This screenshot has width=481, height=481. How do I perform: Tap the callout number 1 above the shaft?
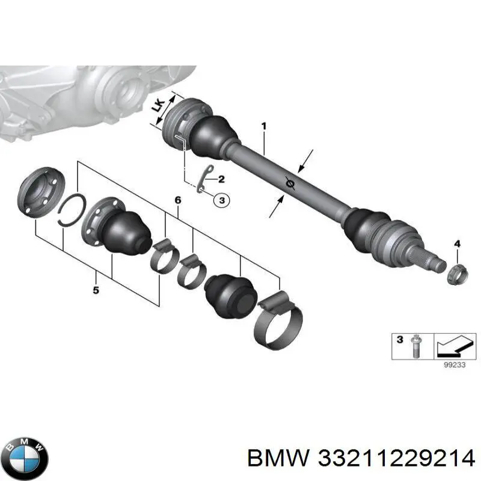coord(263,127)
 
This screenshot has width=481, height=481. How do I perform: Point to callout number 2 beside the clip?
coord(221,179)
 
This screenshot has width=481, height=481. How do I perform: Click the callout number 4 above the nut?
coord(456,244)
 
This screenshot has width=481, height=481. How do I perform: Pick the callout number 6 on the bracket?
coord(177,200)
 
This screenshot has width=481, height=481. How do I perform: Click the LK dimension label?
coord(158,107)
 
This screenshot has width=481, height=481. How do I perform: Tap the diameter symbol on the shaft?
coord(290,185)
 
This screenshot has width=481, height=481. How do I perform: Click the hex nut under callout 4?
coord(458,273)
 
